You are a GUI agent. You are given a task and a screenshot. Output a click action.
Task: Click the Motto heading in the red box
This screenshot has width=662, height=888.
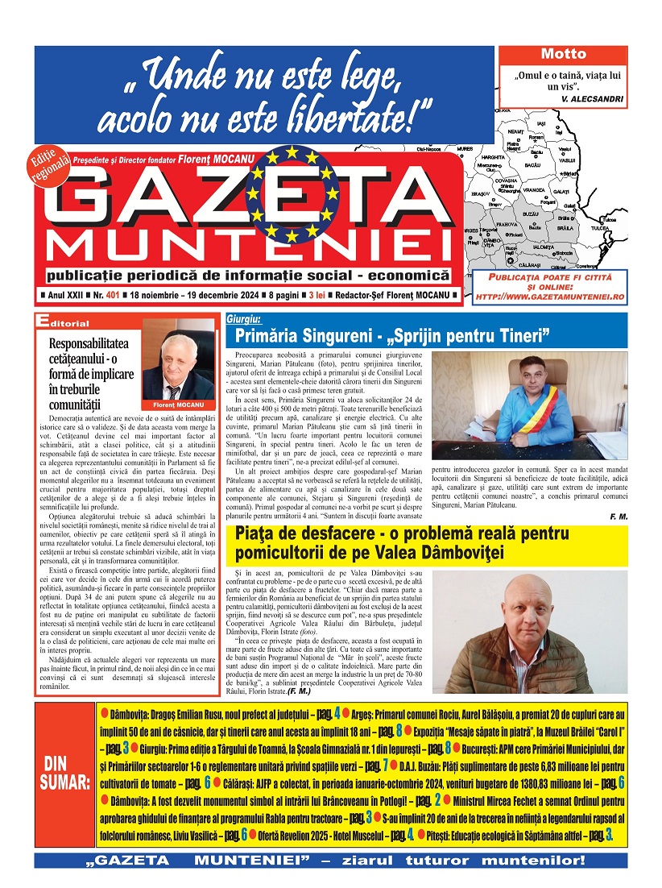click(x=563, y=55)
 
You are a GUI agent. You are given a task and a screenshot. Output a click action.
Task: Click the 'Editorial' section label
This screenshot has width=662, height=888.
click(x=64, y=322)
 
